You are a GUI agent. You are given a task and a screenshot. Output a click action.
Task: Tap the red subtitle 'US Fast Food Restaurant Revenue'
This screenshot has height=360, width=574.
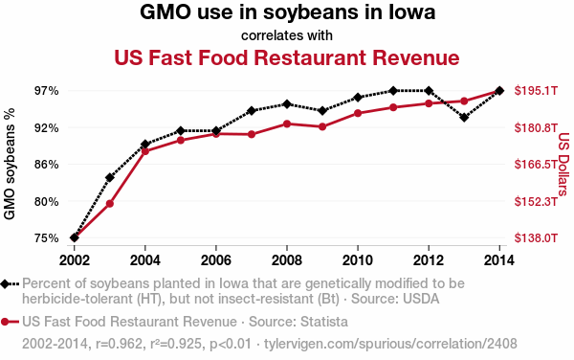[x=287, y=58]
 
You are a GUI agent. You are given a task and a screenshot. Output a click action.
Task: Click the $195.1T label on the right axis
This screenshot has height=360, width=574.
[x=536, y=91]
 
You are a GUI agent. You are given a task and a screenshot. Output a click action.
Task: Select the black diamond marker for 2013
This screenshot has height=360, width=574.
[x=464, y=118]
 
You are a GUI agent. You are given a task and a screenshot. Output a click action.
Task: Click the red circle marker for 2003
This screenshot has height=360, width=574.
[x=110, y=204]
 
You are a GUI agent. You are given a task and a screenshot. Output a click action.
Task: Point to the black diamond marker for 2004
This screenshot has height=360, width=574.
[x=145, y=145]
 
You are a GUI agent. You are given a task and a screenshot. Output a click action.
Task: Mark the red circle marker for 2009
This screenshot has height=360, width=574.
[x=322, y=127]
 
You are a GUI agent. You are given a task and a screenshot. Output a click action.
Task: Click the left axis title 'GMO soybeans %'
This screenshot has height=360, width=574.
[x=11, y=164]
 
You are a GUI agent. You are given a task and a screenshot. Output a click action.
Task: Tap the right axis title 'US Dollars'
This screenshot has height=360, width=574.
[x=563, y=164]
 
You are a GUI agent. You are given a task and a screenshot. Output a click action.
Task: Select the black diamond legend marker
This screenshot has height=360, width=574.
[x=9, y=284]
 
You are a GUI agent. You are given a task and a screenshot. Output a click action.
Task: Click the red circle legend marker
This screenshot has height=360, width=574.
[x=9, y=322]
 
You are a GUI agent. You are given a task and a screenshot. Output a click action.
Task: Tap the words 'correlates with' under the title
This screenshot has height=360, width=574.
[x=287, y=36]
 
